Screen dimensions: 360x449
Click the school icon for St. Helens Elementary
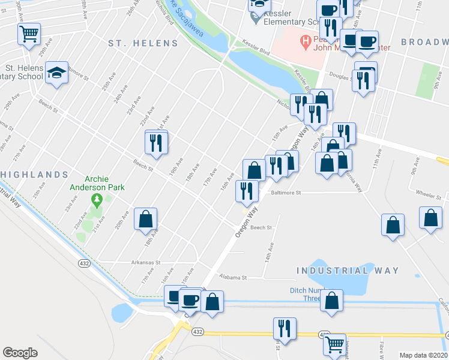tap(56, 73)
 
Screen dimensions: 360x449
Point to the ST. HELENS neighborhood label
tap(143, 43)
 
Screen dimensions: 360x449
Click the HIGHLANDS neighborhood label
tap(34, 175)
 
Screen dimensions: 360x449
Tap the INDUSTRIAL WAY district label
tap(348, 271)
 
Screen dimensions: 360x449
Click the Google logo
tap(20, 353)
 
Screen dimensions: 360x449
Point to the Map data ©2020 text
tap(423, 355)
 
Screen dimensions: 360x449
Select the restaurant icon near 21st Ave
tap(156, 142)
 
